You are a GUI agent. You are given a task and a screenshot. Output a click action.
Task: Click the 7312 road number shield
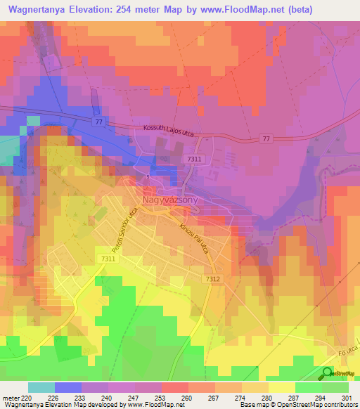click(214, 279)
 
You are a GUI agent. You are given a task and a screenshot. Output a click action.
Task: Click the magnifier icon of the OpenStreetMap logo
click(328, 373)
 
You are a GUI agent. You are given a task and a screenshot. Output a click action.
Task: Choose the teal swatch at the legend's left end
click(41, 387)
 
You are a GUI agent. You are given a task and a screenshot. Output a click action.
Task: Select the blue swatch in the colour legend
click(68, 387)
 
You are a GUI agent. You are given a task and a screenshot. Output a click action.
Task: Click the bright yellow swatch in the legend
click(281, 387)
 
